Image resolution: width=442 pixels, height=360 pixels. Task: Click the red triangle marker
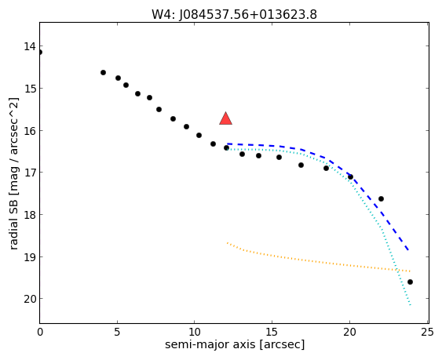225,119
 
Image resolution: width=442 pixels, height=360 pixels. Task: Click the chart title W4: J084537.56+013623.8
234,14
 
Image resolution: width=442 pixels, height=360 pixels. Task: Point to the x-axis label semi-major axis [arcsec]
235,344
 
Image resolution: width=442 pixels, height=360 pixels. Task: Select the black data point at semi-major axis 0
39,52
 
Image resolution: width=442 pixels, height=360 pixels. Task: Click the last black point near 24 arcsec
410,282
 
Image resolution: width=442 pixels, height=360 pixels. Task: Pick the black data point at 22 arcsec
381,199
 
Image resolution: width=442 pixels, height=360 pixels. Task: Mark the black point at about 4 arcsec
103,73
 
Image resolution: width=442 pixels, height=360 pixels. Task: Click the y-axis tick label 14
30,46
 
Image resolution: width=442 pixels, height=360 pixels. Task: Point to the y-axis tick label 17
30,173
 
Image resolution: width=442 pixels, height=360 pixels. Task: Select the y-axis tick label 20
30,299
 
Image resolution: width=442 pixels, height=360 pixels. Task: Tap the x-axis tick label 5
117,332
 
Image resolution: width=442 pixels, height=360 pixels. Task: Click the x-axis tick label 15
272,332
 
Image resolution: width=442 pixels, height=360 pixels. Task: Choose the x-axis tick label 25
427,332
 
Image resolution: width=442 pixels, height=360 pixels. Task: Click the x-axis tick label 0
40,332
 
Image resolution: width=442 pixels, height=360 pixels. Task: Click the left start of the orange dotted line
227,242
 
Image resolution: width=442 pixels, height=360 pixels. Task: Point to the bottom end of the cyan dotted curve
411,305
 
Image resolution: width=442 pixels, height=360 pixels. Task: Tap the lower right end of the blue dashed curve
408,249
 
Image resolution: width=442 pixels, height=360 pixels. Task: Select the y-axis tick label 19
30,257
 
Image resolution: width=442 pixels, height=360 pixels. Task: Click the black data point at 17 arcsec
301,165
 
